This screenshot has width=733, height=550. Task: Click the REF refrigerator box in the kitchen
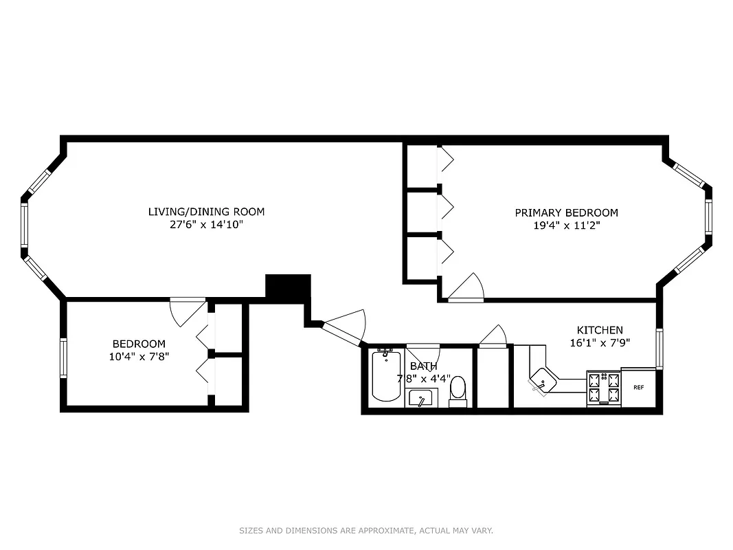pyautogui.click(x=638, y=388)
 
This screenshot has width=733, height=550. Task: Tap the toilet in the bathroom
pyautogui.click(x=458, y=390)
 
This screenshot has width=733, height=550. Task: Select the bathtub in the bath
pyautogui.click(x=386, y=375)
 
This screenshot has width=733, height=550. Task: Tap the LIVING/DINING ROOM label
pyautogui.click(x=206, y=212)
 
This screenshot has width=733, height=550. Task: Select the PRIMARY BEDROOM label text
pyautogui.click(x=566, y=213)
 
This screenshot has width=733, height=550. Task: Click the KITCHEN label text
pyautogui.click(x=600, y=330)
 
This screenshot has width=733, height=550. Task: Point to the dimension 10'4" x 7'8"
pyautogui.click(x=140, y=356)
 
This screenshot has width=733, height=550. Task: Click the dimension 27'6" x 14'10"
pyautogui.click(x=206, y=224)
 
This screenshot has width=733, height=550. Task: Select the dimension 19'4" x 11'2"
pyautogui.click(x=566, y=225)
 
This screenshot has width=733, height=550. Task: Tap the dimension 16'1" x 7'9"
pyautogui.click(x=600, y=342)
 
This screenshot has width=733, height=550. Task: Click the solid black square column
pyautogui.click(x=288, y=287)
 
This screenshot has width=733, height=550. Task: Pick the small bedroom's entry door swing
pyautogui.click(x=186, y=313)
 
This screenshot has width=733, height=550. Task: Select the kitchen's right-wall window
pyautogui.click(x=659, y=349)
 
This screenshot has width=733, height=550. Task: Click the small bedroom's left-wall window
pyautogui.click(x=63, y=357)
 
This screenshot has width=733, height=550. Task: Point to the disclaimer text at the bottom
pyautogui.click(x=366, y=531)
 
